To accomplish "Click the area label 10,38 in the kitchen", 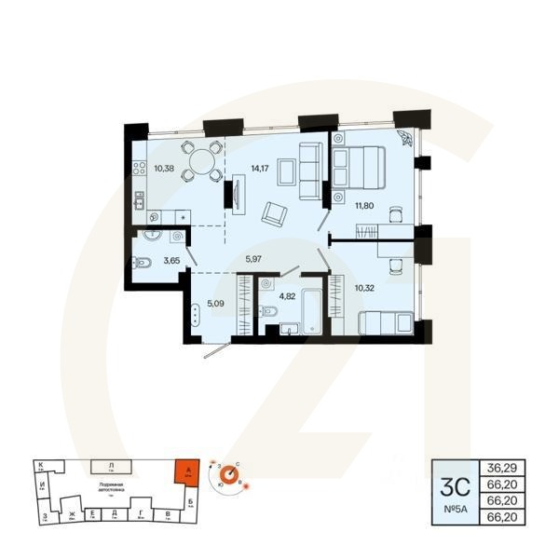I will pos(163,169).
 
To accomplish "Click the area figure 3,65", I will pos(171,261).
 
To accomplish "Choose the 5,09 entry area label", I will pos(216,303).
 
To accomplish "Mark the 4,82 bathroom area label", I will pos(287,297).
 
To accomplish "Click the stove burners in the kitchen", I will pos(140,170).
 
